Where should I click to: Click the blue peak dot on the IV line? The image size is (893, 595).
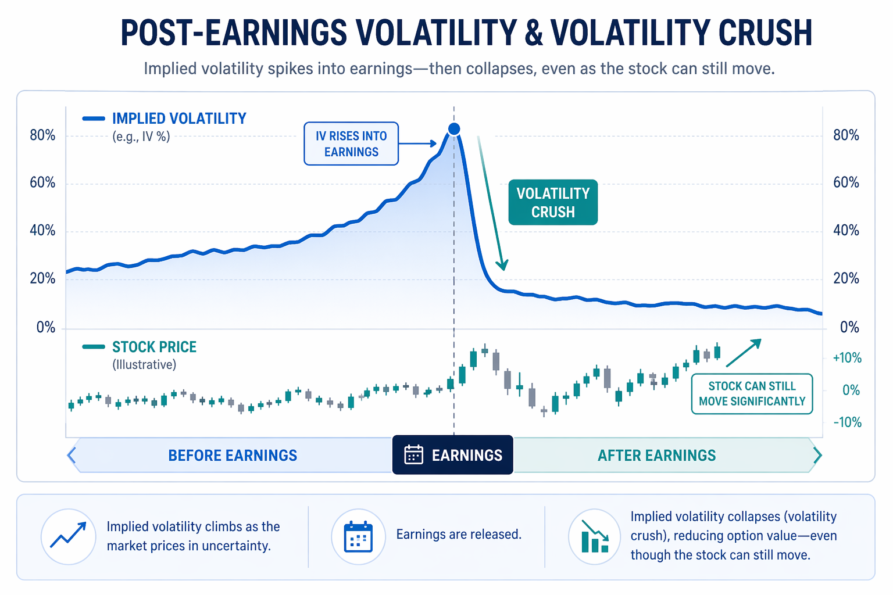454,129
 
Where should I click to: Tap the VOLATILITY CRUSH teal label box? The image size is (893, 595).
553,202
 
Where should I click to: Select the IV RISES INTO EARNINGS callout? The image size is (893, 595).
351,144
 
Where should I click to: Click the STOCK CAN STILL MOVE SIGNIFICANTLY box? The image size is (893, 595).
752,394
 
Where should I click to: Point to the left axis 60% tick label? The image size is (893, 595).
42,183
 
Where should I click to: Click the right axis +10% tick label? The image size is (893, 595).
846,358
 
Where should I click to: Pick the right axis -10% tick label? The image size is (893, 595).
846,422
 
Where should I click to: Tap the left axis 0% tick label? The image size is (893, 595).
46,328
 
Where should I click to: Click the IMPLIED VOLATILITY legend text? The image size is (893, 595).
179,119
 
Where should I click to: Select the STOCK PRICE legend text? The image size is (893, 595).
154,347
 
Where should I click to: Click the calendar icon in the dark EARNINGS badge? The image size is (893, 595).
413,455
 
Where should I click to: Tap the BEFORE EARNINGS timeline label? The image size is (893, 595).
233,456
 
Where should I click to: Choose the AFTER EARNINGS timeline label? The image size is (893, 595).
656,456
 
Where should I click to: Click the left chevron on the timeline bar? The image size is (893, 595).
72,455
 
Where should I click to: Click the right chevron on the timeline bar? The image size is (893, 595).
817,455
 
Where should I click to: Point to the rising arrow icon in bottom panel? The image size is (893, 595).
68,536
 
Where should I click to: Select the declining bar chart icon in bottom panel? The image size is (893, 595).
595,536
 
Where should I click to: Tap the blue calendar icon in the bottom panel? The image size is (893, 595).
358,536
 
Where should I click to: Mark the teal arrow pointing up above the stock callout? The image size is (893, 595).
744,353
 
